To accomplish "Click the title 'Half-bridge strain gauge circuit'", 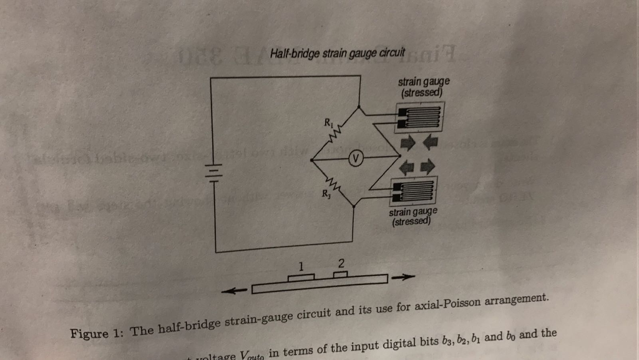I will pyautogui.click(x=338, y=53).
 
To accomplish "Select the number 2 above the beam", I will pyautogui.click(x=341, y=262).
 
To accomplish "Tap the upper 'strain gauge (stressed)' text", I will pyautogui.click(x=424, y=88).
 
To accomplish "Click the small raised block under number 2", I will pyautogui.click(x=340, y=274).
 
